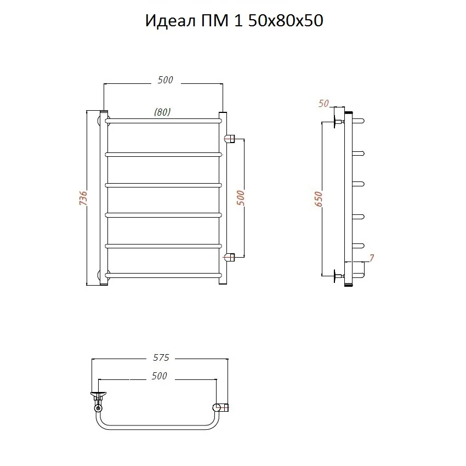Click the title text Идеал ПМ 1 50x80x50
point(234,21)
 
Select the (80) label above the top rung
point(162,112)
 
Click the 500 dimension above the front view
point(165,79)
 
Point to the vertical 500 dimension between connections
point(241,198)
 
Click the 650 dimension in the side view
point(319,199)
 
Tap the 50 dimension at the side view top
point(323,104)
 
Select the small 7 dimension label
point(372,258)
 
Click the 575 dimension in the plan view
point(161,357)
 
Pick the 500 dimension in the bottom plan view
point(160,376)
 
